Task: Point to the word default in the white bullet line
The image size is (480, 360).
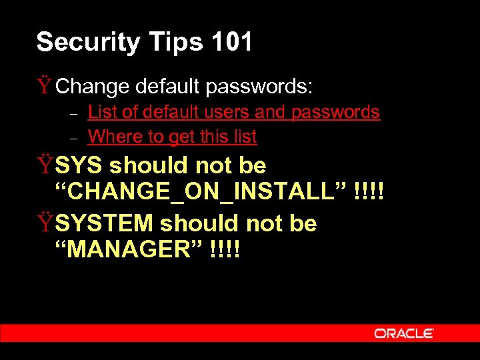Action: tap(169, 86)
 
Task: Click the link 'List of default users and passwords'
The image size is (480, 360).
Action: tap(234, 112)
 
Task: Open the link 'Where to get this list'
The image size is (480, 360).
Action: tap(172, 137)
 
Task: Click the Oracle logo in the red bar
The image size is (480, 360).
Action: tap(404, 333)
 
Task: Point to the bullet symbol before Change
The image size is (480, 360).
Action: tap(45, 86)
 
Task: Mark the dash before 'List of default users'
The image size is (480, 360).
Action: tap(75, 114)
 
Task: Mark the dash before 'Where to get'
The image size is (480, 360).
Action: tap(75, 139)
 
